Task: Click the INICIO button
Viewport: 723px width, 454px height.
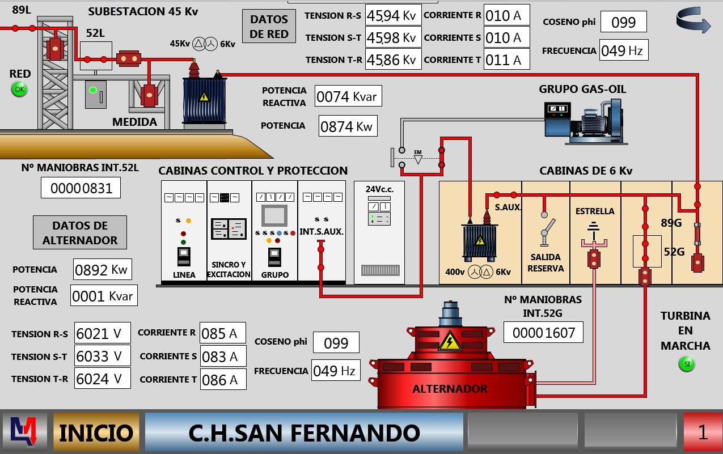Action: click(96, 432)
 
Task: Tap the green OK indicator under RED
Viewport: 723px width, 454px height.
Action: click(19, 89)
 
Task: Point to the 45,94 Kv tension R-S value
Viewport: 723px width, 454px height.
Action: click(392, 15)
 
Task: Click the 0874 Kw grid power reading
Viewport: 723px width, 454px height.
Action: click(348, 126)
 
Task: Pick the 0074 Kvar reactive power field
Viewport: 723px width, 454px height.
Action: click(348, 96)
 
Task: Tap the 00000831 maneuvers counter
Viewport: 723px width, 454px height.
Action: click(81, 188)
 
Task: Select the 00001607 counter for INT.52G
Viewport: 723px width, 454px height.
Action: click(543, 332)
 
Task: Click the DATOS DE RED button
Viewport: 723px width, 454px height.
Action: click(269, 27)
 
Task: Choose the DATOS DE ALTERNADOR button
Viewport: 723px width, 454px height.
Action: click(80, 232)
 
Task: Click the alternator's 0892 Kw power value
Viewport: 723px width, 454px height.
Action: click(102, 270)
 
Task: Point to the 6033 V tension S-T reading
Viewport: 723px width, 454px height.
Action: click(102, 356)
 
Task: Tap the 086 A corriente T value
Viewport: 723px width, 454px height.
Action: click(223, 380)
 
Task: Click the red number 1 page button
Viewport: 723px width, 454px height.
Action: click(703, 432)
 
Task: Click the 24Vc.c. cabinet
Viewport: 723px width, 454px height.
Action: click(379, 233)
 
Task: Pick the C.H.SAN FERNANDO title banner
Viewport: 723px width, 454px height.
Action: click(304, 432)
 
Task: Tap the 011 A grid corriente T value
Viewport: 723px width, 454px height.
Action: click(506, 60)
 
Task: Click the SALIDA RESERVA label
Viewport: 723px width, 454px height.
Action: click(546, 263)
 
